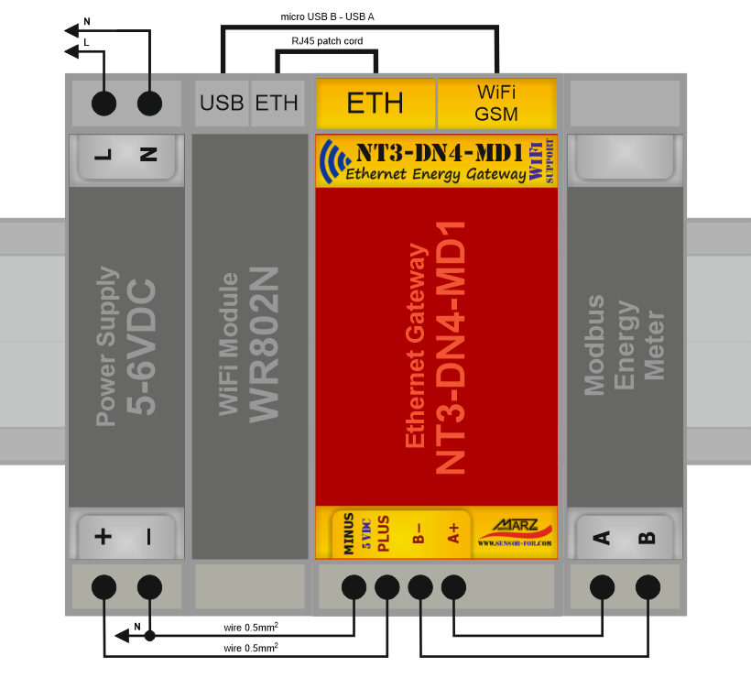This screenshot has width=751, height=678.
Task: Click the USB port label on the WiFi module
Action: coord(223,103)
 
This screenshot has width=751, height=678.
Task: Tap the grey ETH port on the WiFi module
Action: coord(277,103)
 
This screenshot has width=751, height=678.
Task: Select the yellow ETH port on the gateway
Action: coord(375,103)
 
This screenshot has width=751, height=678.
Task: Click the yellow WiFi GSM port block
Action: coord(497,103)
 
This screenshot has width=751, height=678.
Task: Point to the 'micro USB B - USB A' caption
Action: coord(327,16)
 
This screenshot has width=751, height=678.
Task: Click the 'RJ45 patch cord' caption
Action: coord(326,41)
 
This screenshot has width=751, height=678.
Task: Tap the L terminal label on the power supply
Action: coord(103,155)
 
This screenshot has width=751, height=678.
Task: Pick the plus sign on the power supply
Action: coord(103,537)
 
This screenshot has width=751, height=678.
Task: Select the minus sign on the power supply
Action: coord(148,537)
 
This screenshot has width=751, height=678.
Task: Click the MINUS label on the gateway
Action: coord(349,534)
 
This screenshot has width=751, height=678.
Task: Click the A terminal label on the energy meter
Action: coord(602,537)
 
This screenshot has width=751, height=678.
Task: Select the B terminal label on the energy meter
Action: coord(648,537)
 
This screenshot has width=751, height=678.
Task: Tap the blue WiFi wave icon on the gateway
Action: coord(333,161)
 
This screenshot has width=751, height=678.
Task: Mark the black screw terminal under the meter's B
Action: coord(648,586)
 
